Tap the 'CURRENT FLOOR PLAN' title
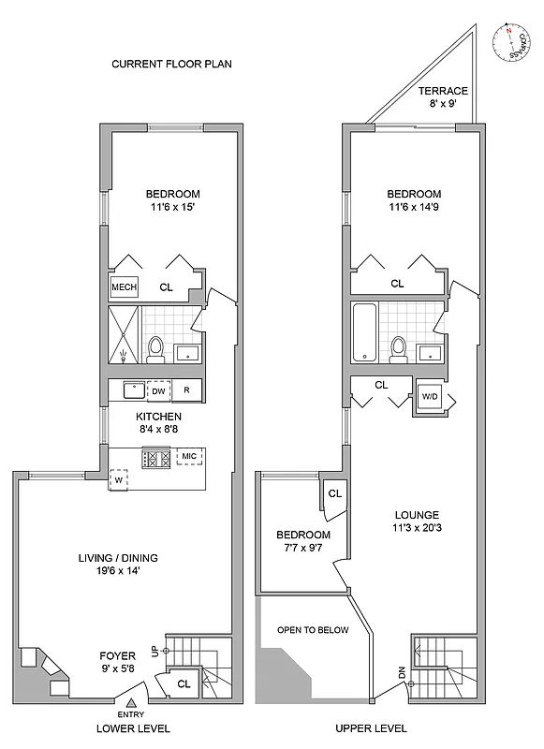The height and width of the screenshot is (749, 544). pos(171,65)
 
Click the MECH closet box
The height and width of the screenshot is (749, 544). pos(124,287)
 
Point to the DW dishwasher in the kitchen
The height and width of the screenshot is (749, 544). pos(159,389)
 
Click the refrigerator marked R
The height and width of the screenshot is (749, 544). pos(187,389)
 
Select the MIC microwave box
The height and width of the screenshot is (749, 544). pos(190,457)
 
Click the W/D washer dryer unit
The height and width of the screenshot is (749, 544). pos(430,395)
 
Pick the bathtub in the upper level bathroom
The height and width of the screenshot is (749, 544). pos(364,332)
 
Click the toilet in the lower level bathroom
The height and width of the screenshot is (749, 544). pos(157,348)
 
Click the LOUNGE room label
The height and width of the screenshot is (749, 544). pos(417,515)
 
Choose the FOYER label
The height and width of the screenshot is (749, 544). pos(118,654)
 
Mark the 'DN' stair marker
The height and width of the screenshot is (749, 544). pos(401,671)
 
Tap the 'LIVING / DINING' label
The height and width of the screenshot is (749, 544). pos(117,558)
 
